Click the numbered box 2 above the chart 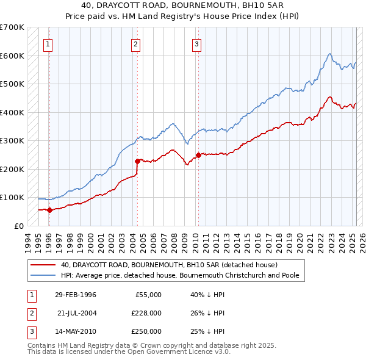[x=135, y=43]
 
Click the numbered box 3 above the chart [x=197, y=43]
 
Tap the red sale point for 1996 [x=49, y=210]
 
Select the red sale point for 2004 [x=137, y=161]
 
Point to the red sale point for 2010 [x=198, y=155]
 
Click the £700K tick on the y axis [x=12, y=27]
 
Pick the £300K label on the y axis [x=12, y=141]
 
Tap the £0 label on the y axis [x=18, y=226]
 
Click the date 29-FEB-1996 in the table [x=76, y=295]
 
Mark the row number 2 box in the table [x=30, y=313]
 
